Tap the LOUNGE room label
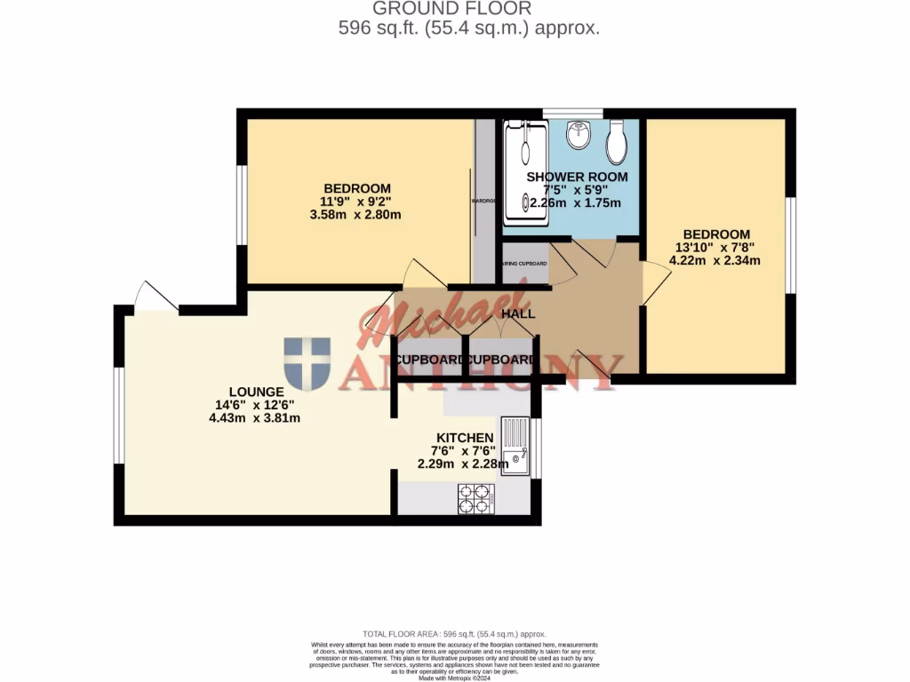click(256, 392)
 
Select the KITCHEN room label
click(464, 438)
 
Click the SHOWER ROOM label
click(577, 177)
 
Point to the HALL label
click(518, 314)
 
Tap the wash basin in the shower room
click(579, 134)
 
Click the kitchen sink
click(515, 446)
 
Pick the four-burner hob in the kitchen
click(476, 498)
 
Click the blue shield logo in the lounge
click(307, 363)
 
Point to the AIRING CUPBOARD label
click(524, 265)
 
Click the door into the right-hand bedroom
click(655, 286)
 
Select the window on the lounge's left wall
click(117, 415)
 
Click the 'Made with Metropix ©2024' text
click(454, 678)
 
